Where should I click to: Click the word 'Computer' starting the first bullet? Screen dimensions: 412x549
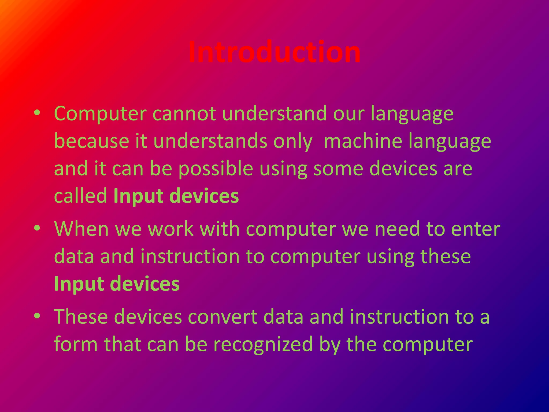100,113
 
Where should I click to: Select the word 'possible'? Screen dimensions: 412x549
216,169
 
